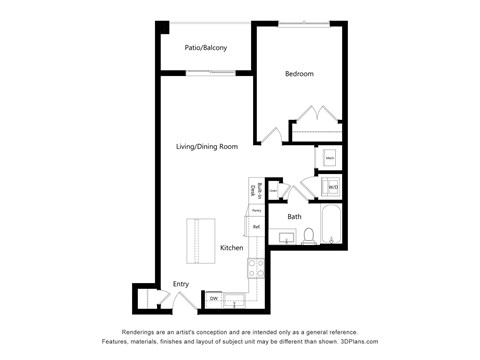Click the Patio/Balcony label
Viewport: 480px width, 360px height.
[206, 48]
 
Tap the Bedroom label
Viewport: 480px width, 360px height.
[299, 74]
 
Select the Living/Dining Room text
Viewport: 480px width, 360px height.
[207, 147]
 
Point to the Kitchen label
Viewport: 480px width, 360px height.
[232, 247]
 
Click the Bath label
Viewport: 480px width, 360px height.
[295, 217]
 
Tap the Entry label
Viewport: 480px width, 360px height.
[181, 283]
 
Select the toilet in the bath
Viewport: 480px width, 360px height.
[309, 237]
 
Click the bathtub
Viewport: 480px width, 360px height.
[332, 226]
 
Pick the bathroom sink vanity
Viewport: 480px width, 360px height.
[288, 238]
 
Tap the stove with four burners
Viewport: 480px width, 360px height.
[256, 267]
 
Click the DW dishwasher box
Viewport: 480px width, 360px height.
[214, 298]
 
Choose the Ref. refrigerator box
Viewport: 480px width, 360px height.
[256, 227]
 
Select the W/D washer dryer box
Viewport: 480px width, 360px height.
[332, 186]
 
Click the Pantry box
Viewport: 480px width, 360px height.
[256, 211]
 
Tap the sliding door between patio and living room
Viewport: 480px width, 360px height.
[211, 71]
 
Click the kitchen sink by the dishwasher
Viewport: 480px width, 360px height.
[236, 298]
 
